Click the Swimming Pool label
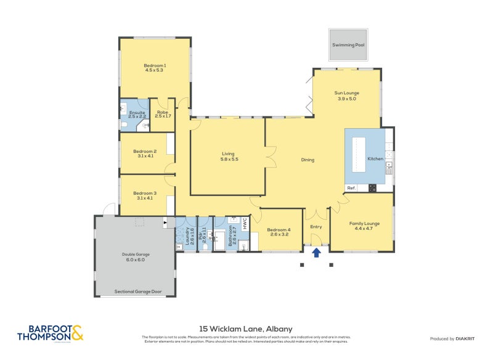(x=348, y=46)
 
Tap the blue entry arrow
(x=317, y=252)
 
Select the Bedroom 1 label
(x=155, y=65)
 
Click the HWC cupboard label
(x=245, y=223)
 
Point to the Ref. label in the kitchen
(x=351, y=188)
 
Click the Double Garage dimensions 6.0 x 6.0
(x=136, y=259)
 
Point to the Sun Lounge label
(x=347, y=93)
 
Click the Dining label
(x=308, y=160)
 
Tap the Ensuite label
(x=137, y=112)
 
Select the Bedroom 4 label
(x=278, y=230)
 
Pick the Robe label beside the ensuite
(x=163, y=112)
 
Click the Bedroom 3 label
(x=145, y=193)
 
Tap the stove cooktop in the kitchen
(x=372, y=188)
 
